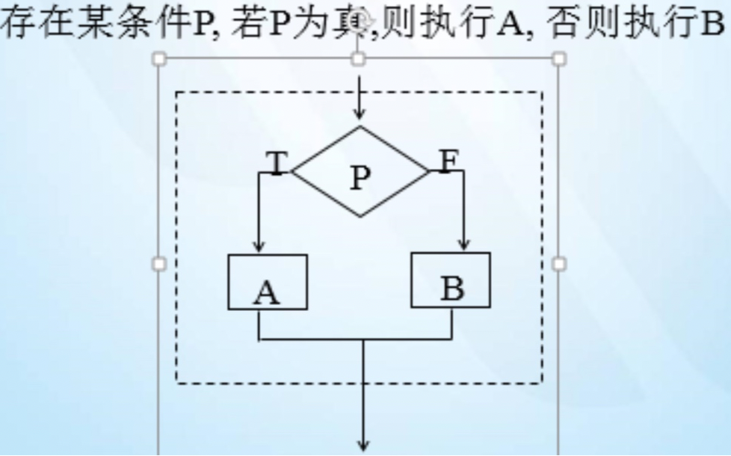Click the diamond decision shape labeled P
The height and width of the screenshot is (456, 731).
click(360, 173)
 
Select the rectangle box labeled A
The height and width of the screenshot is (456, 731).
click(268, 282)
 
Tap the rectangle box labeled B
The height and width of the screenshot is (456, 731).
click(451, 280)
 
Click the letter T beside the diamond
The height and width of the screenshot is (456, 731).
click(277, 162)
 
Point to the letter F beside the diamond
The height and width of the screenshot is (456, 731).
click(447, 161)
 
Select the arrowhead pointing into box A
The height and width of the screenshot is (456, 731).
click(259, 247)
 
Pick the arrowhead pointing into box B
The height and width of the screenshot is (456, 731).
click(463, 244)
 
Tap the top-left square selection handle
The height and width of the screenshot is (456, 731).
click(159, 58)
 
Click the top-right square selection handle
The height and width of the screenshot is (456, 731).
click(558, 58)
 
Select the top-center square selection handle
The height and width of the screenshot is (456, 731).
click(359, 58)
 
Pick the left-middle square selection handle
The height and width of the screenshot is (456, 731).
click(159, 263)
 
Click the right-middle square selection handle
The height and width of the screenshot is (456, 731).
click(558, 263)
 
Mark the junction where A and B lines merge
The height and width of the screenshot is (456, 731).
click(364, 340)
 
